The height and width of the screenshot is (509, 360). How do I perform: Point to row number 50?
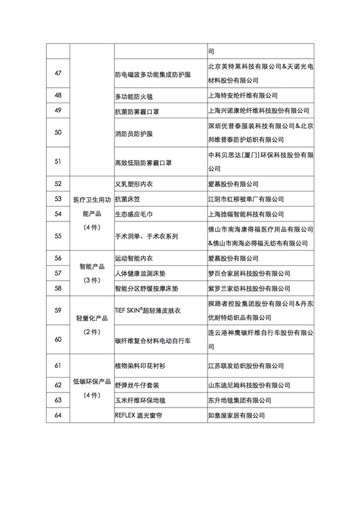pyautogui.click(x=58, y=132)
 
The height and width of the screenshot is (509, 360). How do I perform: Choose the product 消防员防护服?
pyautogui.click(x=133, y=132)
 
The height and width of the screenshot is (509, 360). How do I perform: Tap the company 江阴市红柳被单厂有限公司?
pyautogui.click(x=245, y=199)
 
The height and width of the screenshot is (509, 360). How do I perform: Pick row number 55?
pyautogui.click(x=58, y=236)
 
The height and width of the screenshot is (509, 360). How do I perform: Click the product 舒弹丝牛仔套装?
pyautogui.click(x=136, y=384)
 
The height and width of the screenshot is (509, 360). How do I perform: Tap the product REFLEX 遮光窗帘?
pyautogui.click(x=140, y=414)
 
